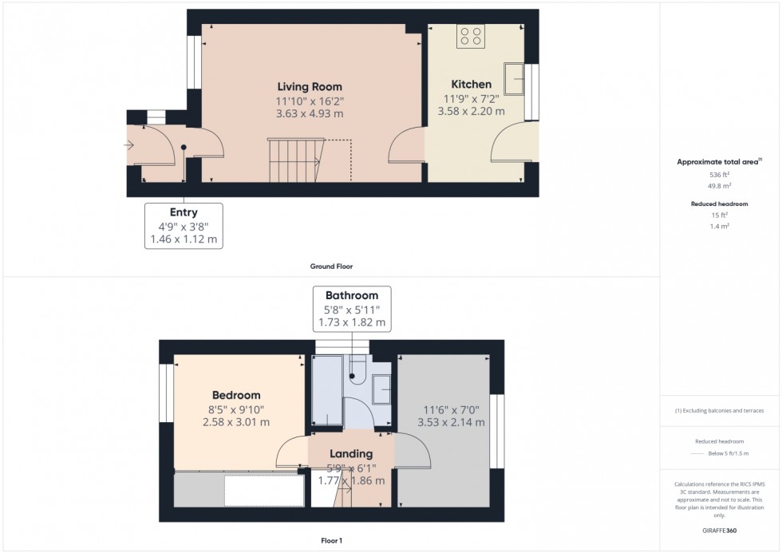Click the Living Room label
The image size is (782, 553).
point(310,86)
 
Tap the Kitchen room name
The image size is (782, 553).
point(471,84)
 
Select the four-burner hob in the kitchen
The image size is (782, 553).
point(471,36)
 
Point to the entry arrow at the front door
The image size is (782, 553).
point(129,144)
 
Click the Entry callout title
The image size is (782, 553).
point(184,212)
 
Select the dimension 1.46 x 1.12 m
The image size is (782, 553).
point(184,239)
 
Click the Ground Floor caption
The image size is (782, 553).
point(331,267)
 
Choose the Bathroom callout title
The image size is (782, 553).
point(351,295)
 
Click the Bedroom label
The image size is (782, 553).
point(236,395)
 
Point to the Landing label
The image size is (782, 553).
point(350,453)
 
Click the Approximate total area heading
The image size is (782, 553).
point(717,161)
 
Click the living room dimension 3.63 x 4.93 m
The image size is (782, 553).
point(310,113)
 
